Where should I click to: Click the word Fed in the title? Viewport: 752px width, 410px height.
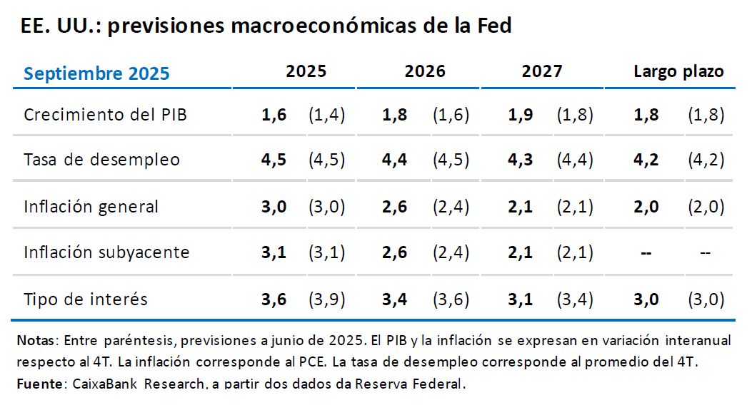(494, 26)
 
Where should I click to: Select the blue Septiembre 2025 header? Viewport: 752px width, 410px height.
(96, 73)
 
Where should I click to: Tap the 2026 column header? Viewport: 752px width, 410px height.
(425, 71)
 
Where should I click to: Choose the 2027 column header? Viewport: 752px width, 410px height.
(542, 71)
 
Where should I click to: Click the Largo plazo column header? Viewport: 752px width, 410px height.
(678, 71)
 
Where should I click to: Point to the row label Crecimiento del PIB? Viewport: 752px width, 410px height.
(106, 114)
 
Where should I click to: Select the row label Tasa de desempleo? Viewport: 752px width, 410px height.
(101, 160)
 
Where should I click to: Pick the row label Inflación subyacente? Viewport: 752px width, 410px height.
(106, 252)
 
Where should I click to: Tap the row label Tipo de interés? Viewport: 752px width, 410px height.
(86, 299)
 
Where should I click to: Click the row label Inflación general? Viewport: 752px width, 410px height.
(91, 207)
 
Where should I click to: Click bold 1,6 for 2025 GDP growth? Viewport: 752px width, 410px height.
(274, 115)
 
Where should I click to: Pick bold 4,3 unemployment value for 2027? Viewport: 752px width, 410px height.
(520, 160)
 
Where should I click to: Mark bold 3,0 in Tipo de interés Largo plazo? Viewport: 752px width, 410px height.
(646, 299)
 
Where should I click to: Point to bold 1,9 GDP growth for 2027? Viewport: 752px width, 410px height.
(520, 115)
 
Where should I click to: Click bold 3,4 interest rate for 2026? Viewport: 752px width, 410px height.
(395, 299)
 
